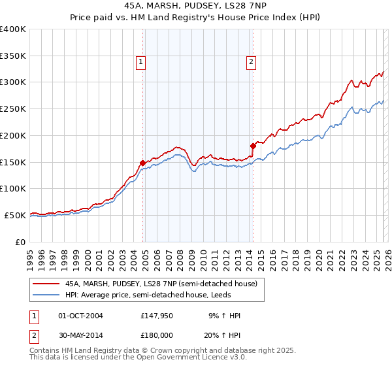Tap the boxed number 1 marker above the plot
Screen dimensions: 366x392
(x=141, y=62)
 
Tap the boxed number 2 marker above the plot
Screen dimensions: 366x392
(x=252, y=62)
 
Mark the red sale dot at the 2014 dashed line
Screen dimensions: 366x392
(x=253, y=146)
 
